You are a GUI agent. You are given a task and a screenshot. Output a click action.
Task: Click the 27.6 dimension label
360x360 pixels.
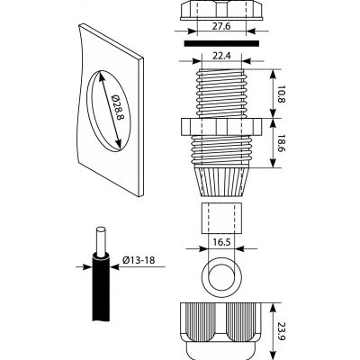coord(221,26)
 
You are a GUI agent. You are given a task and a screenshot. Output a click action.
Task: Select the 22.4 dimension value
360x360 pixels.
coord(221,56)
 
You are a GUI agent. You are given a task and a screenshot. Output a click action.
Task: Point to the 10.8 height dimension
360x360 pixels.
coord(281,94)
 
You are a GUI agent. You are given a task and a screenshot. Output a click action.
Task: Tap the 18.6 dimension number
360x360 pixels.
coord(281,143)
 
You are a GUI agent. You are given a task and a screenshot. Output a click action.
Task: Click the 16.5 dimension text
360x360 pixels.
coord(221,242)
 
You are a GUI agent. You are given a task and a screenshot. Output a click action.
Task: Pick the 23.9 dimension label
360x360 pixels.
coord(281,331)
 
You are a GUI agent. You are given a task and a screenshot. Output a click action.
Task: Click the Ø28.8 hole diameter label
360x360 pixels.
coord(117,107)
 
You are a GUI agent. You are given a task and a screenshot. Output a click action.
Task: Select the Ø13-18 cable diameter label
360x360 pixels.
coord(139,260)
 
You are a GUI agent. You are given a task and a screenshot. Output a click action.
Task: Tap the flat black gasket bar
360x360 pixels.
coord(221,43)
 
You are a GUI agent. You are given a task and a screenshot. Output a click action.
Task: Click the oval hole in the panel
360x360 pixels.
coord(109,110)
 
